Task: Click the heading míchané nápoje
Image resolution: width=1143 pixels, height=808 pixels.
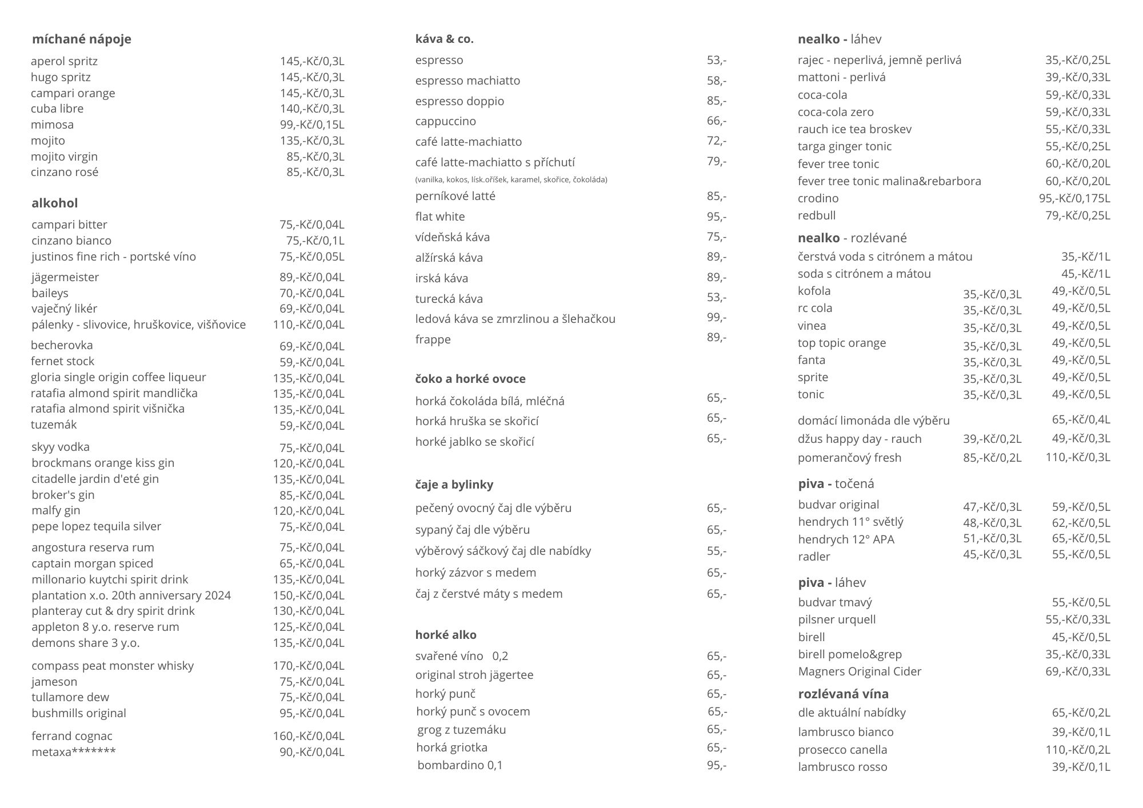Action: pyautogui.click(x=81, y=39)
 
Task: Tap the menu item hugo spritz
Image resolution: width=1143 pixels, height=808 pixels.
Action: pyautogui.click(x=61, y=77)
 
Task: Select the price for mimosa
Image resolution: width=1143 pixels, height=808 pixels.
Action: pyautogui.click(x=312, y=125)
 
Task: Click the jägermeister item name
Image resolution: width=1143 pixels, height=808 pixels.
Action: pyautogui.click(x=65, y=277)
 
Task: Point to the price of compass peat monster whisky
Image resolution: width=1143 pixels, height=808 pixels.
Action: pyautogui.click(x=309, y=666)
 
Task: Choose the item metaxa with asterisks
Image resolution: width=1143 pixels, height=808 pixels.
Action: pyautogui.click(x=73, y=752)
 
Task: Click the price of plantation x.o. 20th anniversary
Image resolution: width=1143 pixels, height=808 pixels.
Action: pyautogui.click(x=309, y=595)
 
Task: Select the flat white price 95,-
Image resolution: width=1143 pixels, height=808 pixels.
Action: pyautogui.click(x=717, y=217)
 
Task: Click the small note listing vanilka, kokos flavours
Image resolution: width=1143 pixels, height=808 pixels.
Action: pyautogui.click(x=511, y=179)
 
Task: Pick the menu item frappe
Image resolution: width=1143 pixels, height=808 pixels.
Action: pyautogui.click(x=433, y=339)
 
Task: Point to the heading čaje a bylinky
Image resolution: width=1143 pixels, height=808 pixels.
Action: pyautogui.click(x=454, y=485)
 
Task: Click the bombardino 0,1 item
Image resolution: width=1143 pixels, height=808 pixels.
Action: pyautogui.click(x=459, y=765)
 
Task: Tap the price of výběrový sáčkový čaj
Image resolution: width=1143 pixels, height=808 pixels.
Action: pyautogui.click(x=717, y=551)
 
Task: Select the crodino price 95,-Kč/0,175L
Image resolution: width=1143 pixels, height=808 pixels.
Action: pyautogui.click(x=1074, y=198)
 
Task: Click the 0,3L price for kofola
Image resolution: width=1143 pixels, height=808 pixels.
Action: pyautogui.click(x=992, y=294)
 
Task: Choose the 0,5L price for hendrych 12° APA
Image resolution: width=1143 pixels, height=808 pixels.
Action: pyautogui.click(x=1081, y=538)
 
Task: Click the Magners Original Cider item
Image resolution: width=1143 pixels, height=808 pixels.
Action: pyautogui.click(x=860, y=671)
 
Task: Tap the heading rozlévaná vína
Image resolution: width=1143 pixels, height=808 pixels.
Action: pyautogui.click(x=843, y=694)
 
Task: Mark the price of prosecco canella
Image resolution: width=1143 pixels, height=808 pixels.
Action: pyautogui.click(x=1078, y=750)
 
